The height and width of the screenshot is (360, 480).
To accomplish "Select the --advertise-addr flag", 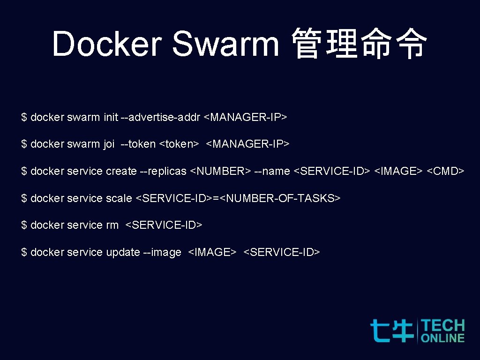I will pos(160,117).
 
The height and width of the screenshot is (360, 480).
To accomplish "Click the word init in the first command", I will pos(111,117).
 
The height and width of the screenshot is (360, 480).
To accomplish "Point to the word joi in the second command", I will pos(109,144).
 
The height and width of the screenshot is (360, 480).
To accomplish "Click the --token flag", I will pos(138,144).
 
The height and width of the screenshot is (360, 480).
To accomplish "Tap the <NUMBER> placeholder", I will pos(220,172).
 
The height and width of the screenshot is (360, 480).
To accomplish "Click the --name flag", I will pos(272,172).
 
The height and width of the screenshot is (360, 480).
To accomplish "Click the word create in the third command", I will pos(121,172).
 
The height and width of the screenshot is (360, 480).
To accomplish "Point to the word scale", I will pos(119,199).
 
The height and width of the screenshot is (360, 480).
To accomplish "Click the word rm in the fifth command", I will pos(112,225).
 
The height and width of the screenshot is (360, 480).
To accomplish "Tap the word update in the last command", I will pos(123,253).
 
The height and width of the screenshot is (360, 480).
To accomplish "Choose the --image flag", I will pos(162,253).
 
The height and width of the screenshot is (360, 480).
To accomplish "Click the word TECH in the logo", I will pos(442,326).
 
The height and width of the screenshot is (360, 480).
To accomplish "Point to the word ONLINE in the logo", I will pos(442,337).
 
